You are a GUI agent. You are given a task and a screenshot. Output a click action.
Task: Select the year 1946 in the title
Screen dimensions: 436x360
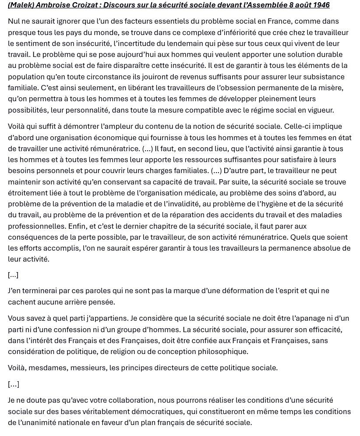coord(321,5)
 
